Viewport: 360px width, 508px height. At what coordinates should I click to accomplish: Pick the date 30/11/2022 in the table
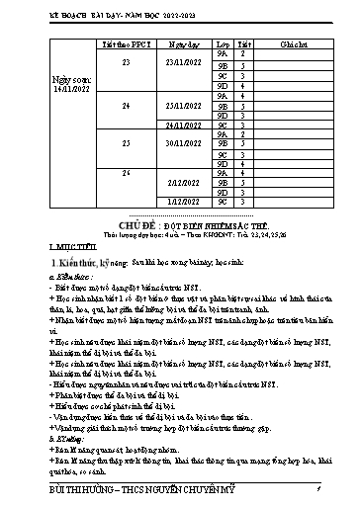pyautogui.click(x=186, y=143)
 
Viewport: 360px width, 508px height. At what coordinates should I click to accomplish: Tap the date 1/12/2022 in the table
pyautogui.click(x=186, y=202)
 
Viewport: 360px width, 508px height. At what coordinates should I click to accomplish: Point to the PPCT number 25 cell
pyautogui.click(x=126, y=143)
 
